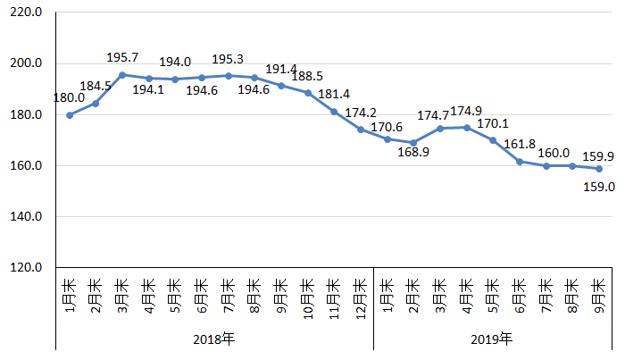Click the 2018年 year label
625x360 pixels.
(x=214, y=339)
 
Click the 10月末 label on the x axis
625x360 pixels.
(x=307, y=296)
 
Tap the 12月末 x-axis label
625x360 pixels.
(x=360, y=296)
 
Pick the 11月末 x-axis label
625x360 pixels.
(x=334, y=296)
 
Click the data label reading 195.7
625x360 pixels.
(x=122, y=57)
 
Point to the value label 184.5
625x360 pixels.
(x=96, y=87)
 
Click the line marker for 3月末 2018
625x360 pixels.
(x=122, y=75)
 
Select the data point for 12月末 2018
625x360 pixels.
(x=360, y=130)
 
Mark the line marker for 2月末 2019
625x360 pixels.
(x=413, y=143)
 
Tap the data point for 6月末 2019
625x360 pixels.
(x=519, y=162)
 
